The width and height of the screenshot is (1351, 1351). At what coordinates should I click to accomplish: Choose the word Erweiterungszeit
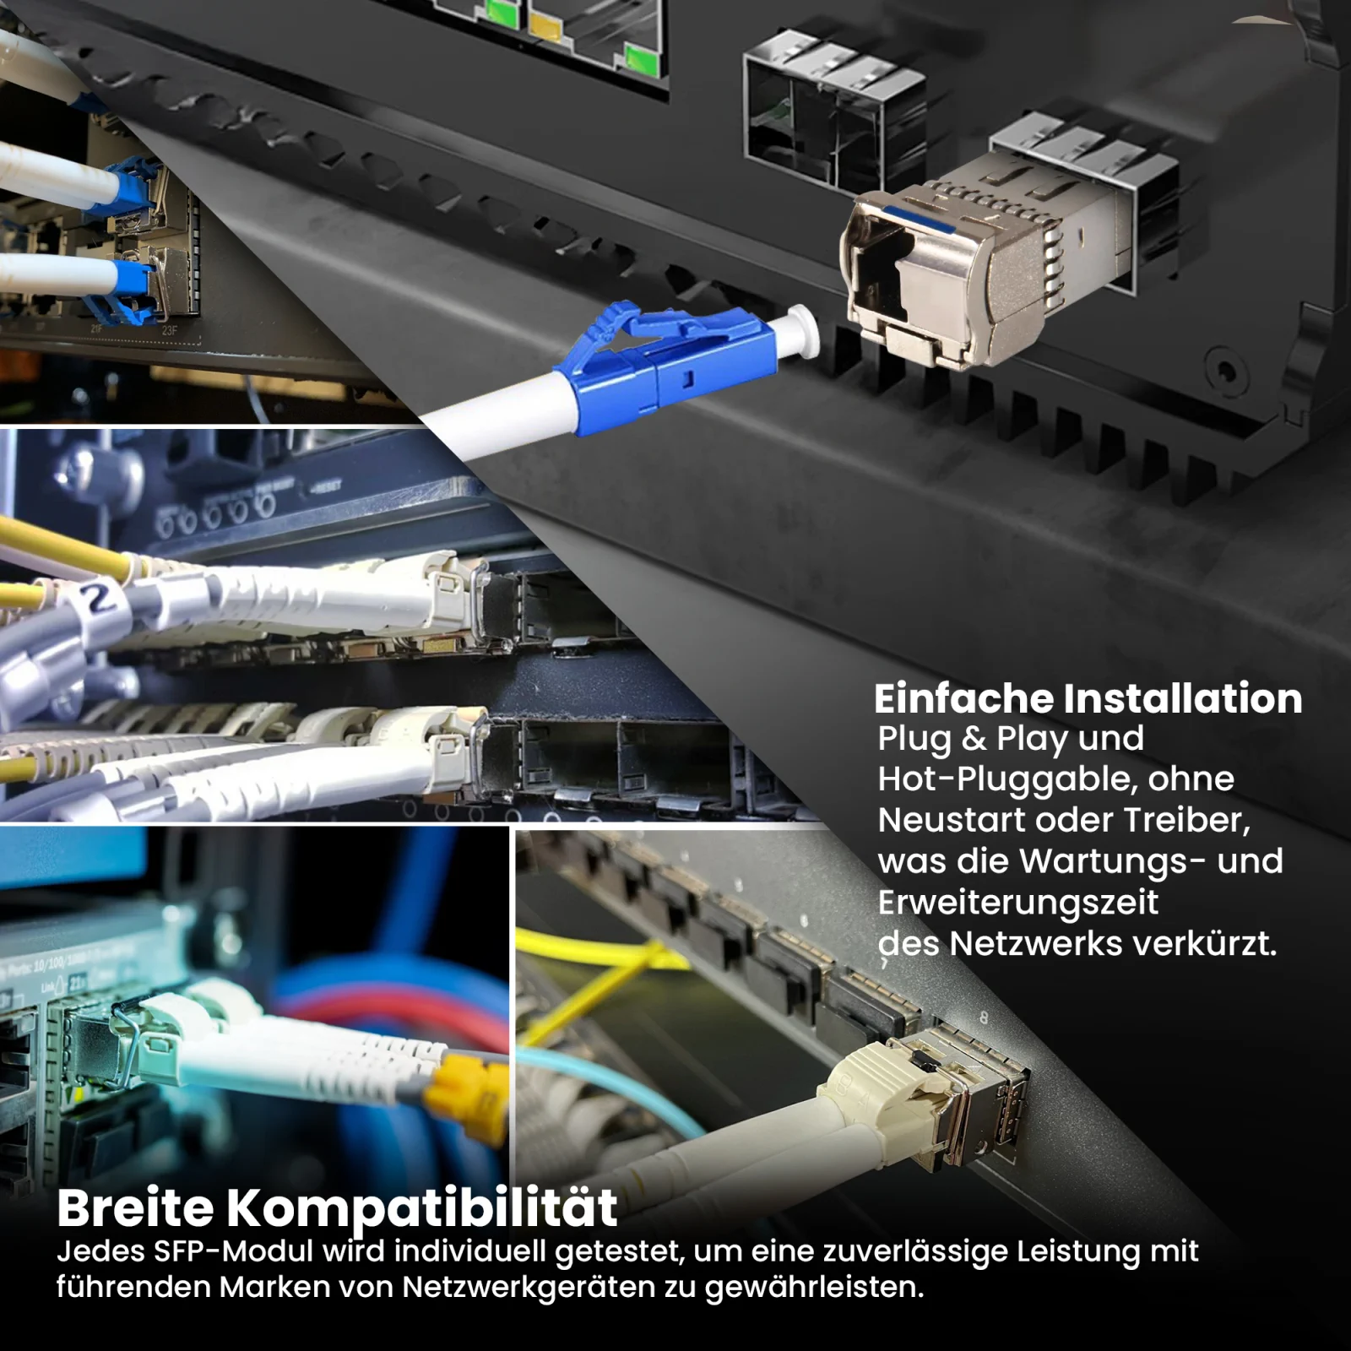tap(1017, 903)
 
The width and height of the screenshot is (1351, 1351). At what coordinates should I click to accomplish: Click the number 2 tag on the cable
tap(100, 598)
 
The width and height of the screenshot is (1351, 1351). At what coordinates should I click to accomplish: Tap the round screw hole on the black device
tap(1224, 369)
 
